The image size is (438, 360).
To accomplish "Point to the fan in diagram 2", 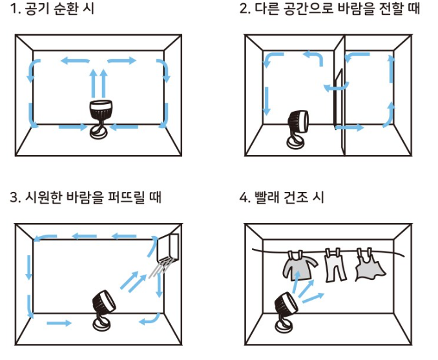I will (298, 123).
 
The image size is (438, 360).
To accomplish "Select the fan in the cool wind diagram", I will (103, 304).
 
